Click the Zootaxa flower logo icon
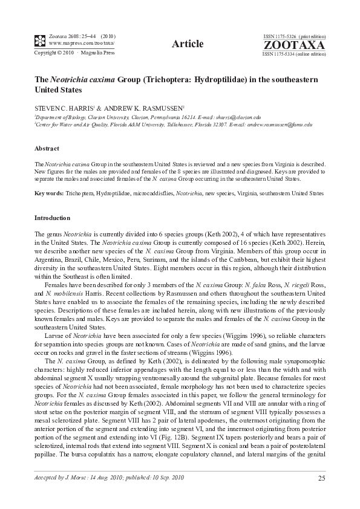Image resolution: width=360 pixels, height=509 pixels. (x=40, y=41)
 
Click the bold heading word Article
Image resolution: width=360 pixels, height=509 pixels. (x=187, y=43)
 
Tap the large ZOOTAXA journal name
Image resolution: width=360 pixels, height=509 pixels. (x=294, y=45)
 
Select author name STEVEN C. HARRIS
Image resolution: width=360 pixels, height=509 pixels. (x=64, y=106)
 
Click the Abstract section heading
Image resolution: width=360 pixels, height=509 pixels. (x=47, y=149)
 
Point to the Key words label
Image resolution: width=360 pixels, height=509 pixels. (x=50, y=193)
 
